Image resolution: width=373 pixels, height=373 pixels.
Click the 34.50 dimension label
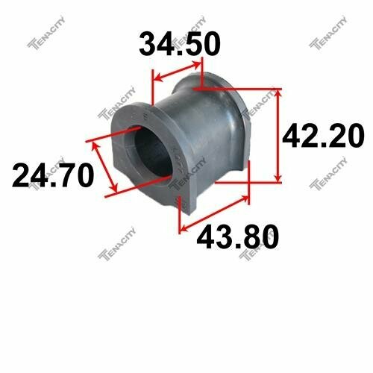point(180,45)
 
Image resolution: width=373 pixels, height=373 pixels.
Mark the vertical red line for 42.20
point(279,134)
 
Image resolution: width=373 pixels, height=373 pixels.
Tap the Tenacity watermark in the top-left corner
point(44,46)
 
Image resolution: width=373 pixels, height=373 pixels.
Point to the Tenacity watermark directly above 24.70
point(113,113)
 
